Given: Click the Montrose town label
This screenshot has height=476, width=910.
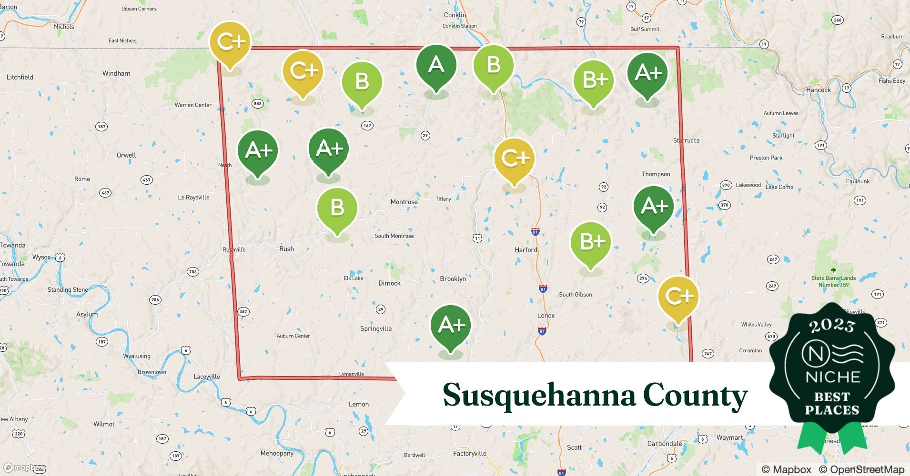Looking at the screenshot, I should pyautogui.click(x=404, y=202).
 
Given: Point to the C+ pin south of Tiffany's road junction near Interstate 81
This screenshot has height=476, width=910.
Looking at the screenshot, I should pyautogui.click(x=515, y=159).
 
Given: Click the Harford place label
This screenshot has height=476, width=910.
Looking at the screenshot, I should pyautogui.click(x=526, y=250).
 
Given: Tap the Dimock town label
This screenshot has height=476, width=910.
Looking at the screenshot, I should pyautogui.click(x=389, y=283).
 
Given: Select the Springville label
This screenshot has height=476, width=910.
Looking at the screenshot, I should pyautogui.click(x=375, y=329).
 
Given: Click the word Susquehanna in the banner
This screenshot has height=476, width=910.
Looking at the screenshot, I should pyautogui.click(x=539, y=395).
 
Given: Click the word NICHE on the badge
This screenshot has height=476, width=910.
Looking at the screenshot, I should pyautogui.click(x=832, y=377).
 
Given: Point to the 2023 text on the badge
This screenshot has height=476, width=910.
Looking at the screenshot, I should pyautogui.click(x=832, y=326).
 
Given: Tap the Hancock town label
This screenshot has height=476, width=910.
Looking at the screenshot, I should pyautogui.click(x=818, y=90).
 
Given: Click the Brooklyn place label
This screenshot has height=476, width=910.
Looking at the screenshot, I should pyautogui.click(x=453, y=279).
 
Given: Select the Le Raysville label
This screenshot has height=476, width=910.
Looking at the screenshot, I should pyautogui.click(x=193, y=198).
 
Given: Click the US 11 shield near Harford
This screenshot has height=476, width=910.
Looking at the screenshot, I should pyautogui.click(x=477, y=238).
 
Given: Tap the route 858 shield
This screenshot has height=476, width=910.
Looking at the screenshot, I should pyautogui.click(x=257, y=104).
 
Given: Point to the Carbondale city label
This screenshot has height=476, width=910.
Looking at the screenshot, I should pyautogui.click(x=664, y=444).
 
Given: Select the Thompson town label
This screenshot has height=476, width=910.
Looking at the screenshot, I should pyautogui.click(x=656, y=174).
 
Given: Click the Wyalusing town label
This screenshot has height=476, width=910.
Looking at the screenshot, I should pyautogui.click(x=137, y=356).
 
